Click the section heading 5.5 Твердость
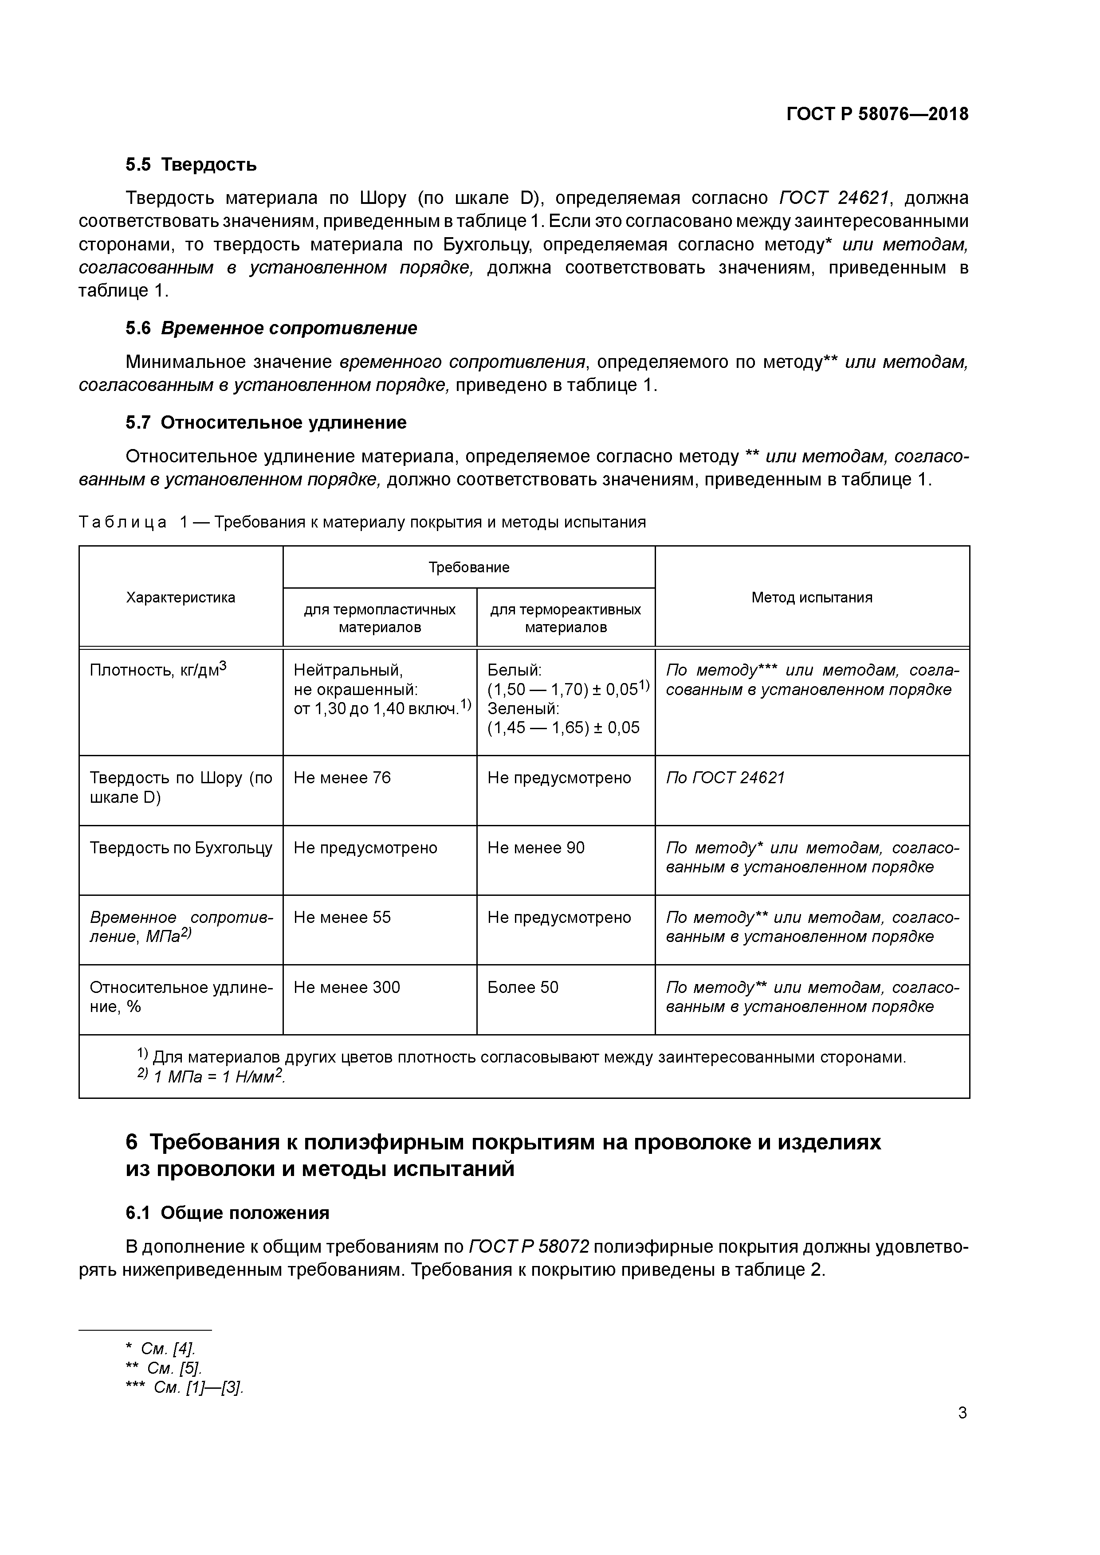point(191,164)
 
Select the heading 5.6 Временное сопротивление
point(271,328)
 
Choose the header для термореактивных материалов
point(565,617)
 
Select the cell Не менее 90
point(535,848)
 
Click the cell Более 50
point(522,988)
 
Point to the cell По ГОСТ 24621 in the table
point(725,777)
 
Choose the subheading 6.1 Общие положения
point(228,1213)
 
